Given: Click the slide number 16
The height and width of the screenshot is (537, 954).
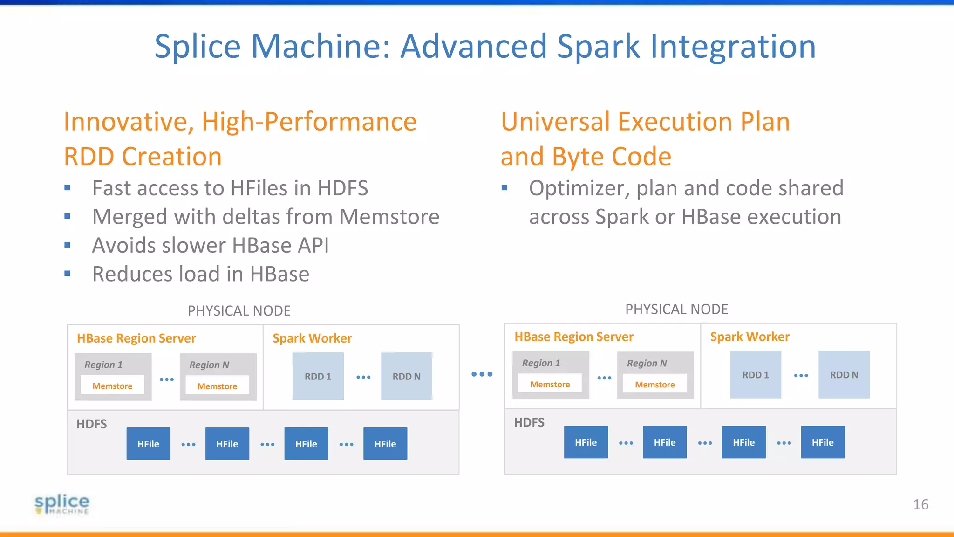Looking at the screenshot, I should (x=920, y=504).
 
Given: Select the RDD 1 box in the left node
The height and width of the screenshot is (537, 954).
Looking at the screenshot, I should (x=318, y=376).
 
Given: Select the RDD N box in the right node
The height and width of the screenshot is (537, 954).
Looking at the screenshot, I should (x=844, y=375).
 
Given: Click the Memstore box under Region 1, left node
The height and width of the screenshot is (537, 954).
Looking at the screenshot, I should (x=112, y=386).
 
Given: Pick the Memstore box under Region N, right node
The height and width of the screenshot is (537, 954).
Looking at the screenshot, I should (x=654, y=385).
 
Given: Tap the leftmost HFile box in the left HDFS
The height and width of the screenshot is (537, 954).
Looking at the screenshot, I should (x=148, y=444).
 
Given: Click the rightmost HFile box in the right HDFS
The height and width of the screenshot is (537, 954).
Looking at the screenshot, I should (x=823, y=442).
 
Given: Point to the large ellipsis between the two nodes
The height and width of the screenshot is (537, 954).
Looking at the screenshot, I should (x=482, y=374).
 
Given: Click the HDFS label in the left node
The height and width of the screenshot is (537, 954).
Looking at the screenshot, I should (x=91, y=424).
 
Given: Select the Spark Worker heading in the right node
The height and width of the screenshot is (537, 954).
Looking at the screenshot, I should (x=750, y=337).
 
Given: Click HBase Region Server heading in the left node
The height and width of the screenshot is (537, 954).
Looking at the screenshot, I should (x=136, y=338).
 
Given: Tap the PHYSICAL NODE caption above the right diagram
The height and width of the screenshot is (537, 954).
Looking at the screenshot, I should (x=676, y=309).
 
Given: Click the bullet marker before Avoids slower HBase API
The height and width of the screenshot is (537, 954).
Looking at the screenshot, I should (x=68, y=245).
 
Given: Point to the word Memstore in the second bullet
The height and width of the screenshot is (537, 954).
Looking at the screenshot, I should (x=389, y=217).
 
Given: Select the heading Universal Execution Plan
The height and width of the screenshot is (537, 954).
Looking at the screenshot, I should (x=645, y=122).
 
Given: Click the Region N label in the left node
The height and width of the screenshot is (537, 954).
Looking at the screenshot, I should (x=209, y=365).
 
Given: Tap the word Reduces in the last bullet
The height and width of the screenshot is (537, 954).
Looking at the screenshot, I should (x=132, y=274).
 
